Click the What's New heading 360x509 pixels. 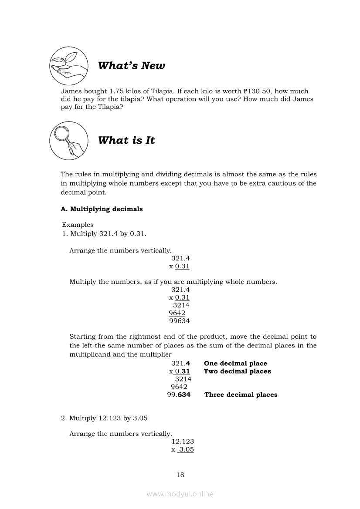(x=131, y=66)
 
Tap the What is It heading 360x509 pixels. (x=126, y=140)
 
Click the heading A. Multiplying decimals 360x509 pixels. (x=102, y=209)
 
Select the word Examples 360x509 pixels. (x=78, y=225)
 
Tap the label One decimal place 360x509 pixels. (x=235, y=364)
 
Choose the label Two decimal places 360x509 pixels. (x=237, y=371)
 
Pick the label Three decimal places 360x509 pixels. (x=241, y=395)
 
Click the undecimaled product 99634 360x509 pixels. (x=179, y=321)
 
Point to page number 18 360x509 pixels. (x=180, y=475)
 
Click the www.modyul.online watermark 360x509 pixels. (x=180, y=494)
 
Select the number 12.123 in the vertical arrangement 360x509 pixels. (x=183, y=442)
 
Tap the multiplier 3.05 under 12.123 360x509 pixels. (x=186, y=449)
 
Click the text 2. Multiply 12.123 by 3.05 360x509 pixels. (x=104, y=418)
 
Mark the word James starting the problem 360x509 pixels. (x=71, y=91)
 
